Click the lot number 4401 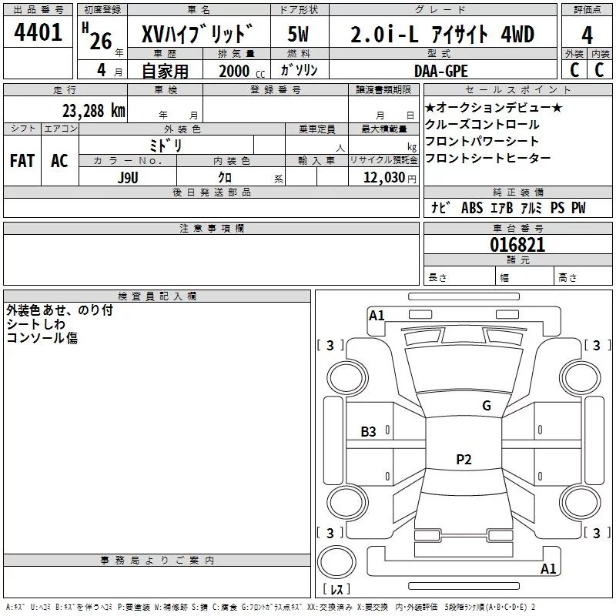tap(38, 32)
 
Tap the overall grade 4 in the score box tap(587, 35)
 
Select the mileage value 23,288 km tap(93, 111)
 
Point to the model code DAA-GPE tap(440, 71)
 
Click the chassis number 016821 tap(517, 245)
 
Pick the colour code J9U tap(128, 178)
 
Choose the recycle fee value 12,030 tap(383, 178)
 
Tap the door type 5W tap(298, 34)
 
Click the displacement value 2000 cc tap(242, 72)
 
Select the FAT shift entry tap(22, 161)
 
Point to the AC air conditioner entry tap(59, 161)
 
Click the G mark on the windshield tap(487, 405)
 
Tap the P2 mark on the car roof tap(464, 459)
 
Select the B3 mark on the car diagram tap(368, 432)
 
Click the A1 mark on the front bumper tap(377, 316)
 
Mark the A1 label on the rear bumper tap(548, 568)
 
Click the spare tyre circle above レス tap(336, 561)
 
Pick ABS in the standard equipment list tap(472, 208)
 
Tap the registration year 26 tap(101, 42)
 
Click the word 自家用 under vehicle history tap(165, 72)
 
